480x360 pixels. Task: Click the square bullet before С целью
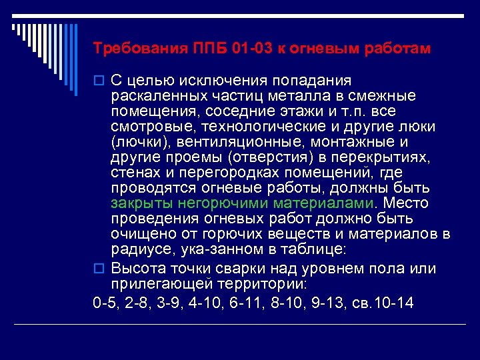98,81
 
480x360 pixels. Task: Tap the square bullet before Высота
98,269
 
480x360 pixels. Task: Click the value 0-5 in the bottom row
105,303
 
